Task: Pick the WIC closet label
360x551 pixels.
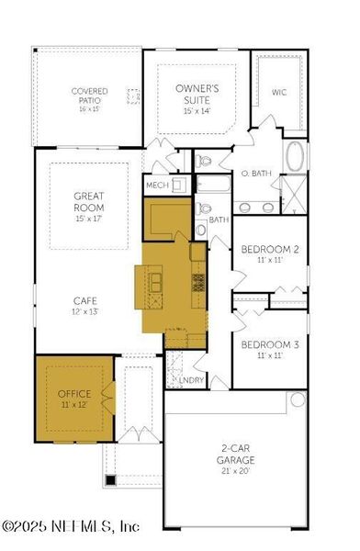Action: pos(279,92)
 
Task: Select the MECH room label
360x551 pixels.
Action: pos(156,186)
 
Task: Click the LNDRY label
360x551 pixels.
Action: pos(191,379)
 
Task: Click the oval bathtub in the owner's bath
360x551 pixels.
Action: pos(296,156)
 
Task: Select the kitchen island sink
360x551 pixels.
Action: pos(156,280)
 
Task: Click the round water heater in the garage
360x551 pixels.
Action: pos(297,400)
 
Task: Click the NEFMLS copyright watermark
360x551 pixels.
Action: pos(71,526)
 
